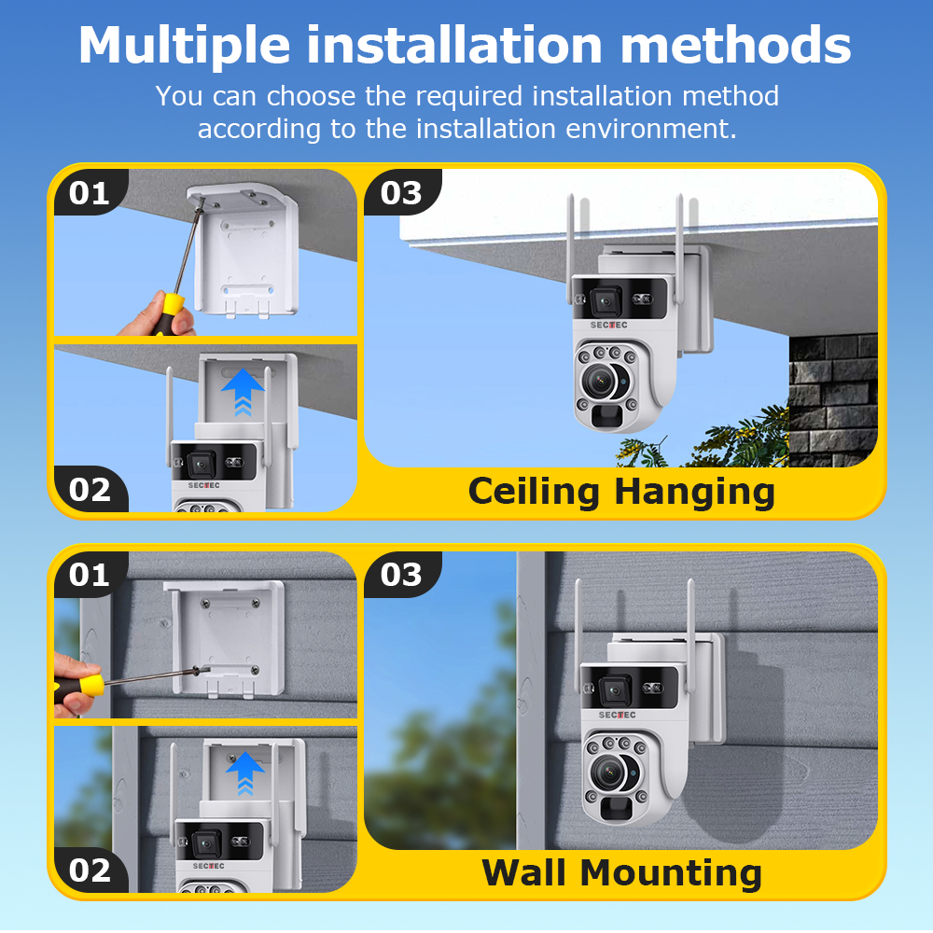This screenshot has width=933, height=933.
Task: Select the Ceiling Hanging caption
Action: [x=620, y=492]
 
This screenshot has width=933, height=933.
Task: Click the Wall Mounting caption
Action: [x=621, y=873]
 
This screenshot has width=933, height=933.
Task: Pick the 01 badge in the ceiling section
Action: [x=90, y=193]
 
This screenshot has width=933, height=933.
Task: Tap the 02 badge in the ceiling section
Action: [x=90, y=490]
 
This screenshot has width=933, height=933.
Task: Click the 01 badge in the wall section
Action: [x=90, y=575]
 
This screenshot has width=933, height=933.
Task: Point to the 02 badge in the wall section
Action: [x=90, y=870]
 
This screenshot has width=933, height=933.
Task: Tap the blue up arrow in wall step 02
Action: [x=244, y=771]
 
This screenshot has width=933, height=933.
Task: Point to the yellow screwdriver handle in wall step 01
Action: [x=87, y=686]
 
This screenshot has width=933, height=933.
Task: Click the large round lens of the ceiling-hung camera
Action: [x=602, y=381]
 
